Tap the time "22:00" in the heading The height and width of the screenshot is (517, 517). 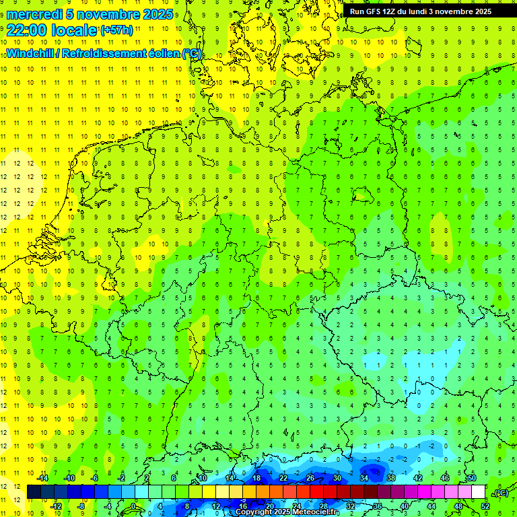(27, 30)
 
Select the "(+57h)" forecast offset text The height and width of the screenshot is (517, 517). (116, 30)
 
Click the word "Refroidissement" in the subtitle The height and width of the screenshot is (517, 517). (101, 54)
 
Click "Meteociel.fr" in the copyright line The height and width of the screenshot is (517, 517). (314, 512)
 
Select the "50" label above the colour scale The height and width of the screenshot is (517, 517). (471, 478)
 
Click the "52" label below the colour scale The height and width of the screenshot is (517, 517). (485, 506)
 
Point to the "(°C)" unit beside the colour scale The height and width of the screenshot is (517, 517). (501, 493)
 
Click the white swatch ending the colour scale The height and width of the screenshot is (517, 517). (478, 492)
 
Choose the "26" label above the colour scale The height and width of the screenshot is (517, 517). (310, 478)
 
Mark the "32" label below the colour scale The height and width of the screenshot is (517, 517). (351, 506)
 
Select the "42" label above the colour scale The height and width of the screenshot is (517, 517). (417, 478)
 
